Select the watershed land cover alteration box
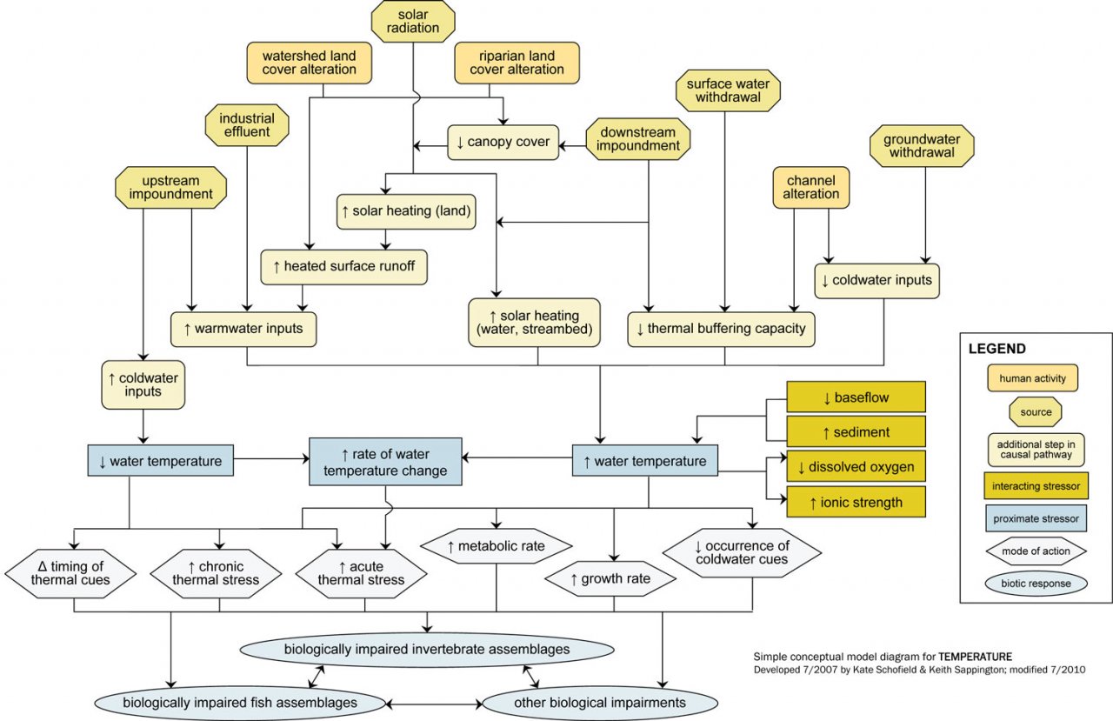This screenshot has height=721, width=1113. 303,63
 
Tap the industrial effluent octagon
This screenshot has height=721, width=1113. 247,125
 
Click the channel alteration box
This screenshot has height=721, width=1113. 810,187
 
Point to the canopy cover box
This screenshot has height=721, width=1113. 503,143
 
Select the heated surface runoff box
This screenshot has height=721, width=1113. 344,266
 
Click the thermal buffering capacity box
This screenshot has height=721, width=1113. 722,330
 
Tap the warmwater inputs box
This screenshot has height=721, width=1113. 243,330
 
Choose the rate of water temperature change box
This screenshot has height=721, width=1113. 385,462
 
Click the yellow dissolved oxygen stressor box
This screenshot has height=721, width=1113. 856,467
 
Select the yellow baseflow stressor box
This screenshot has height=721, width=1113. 856,397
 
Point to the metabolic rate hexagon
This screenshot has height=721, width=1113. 497,546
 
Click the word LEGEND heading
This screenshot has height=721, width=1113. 996,349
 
